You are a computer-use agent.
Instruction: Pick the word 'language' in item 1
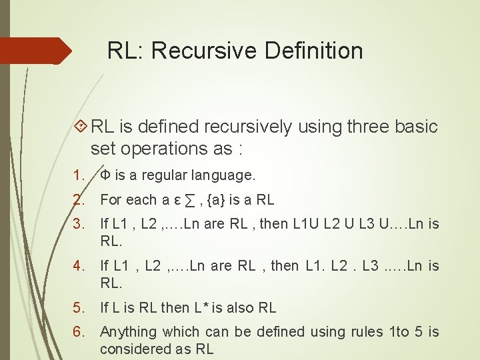coord(223,176)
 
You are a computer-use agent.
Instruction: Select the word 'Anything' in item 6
coord(128,331)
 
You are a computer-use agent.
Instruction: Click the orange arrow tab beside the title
coord(37,51)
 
